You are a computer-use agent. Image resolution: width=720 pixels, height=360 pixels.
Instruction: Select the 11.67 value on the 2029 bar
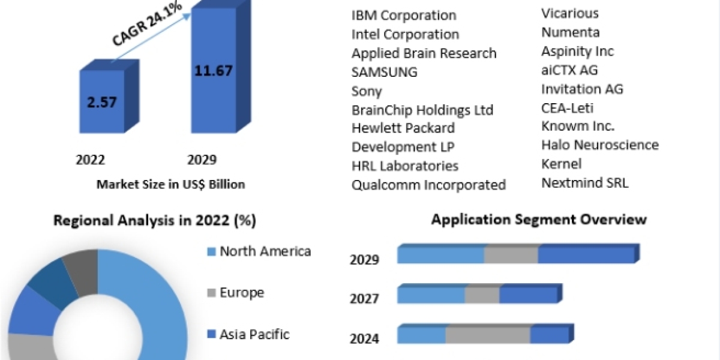[213, 70]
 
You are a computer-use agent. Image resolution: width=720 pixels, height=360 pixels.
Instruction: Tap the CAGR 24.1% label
[148, 28]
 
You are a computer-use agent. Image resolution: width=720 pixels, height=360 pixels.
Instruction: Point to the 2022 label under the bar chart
[91, 160]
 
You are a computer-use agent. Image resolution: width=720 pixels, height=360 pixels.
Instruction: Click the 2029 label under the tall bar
[202, 160]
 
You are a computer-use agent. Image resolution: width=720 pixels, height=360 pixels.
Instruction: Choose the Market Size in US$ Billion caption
[170, 185]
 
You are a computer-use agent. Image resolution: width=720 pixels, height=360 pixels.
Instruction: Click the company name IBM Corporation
[404, 16]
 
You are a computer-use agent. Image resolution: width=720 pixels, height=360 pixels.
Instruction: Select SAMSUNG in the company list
[385, 73]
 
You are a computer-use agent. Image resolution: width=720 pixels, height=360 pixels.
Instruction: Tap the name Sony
[367, 92]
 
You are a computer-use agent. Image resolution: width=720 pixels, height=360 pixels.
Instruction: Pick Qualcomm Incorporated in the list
[428, 185]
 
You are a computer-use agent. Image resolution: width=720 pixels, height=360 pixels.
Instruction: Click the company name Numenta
[570, 32]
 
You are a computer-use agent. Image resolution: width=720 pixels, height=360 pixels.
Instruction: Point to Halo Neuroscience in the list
[600, 145]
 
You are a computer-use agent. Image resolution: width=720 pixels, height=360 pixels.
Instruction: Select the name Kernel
[562, 164]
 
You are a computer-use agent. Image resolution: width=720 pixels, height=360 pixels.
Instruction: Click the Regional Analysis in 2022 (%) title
[155, 221]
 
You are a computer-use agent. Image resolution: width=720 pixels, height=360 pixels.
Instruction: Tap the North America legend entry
[265, 251]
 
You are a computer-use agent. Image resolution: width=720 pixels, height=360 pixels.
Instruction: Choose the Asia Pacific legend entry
[254, 334]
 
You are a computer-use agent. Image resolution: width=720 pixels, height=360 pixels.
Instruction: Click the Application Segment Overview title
[539, 220]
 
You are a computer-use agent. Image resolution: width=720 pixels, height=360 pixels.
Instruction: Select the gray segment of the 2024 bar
[488, 335]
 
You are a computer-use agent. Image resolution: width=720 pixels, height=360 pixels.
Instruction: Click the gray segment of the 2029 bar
[511, 255]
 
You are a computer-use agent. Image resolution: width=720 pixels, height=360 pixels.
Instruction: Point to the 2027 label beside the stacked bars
[364, 298]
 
